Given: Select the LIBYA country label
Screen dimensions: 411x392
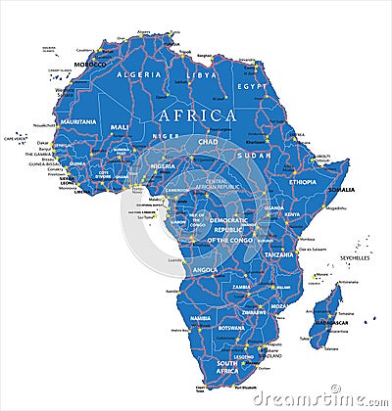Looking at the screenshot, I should click(203, 74).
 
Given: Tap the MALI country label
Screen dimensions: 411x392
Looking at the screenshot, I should click(120, 127).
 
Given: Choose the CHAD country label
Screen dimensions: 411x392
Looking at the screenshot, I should click(206, 142).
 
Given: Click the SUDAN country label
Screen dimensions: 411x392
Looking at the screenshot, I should click(258, 156).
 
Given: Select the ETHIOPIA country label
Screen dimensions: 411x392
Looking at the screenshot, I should click(303, 182).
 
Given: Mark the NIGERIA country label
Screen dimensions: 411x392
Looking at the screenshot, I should click(162, 166).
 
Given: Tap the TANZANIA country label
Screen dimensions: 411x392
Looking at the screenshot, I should click(277, 253).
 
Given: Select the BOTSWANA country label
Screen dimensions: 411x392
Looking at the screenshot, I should click(231, 326).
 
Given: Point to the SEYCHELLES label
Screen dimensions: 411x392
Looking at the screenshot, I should click(355, 257).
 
